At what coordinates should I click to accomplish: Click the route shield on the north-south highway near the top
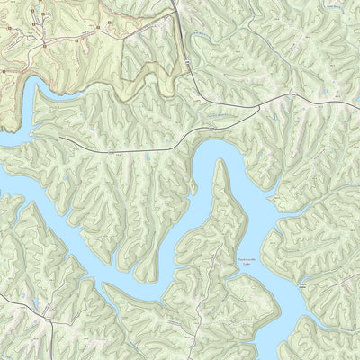point(186,63)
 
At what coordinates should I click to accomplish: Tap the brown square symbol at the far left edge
point(4,70)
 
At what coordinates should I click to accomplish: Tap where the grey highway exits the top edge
point(174,2)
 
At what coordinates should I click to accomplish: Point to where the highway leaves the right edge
point(357,101)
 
